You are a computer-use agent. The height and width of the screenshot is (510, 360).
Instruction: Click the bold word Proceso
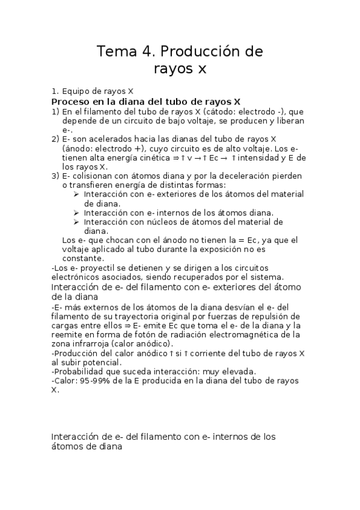click(73, 102)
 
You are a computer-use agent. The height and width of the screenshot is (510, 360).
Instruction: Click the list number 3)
click(55, 176)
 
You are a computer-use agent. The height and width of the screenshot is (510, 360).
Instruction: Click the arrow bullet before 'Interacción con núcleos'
click(76, 222)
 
